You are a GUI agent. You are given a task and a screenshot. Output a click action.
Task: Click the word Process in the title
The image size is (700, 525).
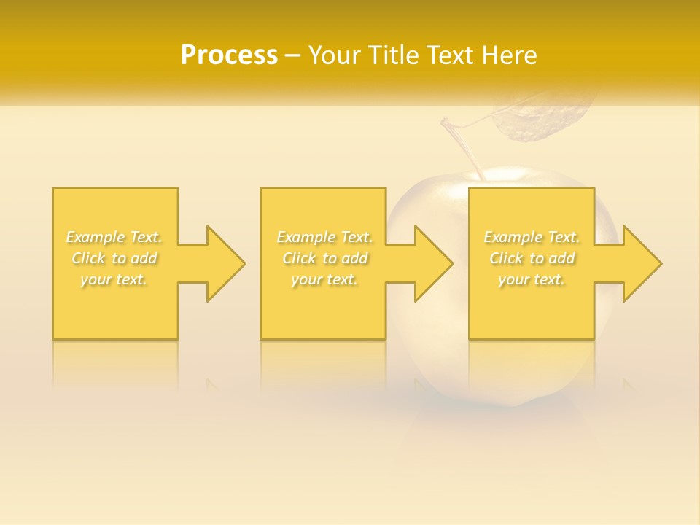coord(229,55)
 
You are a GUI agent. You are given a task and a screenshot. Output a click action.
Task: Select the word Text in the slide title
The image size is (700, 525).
coord(451,55)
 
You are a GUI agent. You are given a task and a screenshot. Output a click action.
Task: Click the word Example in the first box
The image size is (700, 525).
coord(96,237)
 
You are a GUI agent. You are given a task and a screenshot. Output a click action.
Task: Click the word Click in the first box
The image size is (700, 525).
coord(88,258)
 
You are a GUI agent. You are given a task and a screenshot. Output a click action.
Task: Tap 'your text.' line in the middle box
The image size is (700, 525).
coord(324,279)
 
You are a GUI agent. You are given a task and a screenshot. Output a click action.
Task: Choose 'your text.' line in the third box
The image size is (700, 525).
coord(532,279)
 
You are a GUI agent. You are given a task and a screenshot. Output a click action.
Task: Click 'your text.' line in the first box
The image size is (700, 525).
coord(114,279)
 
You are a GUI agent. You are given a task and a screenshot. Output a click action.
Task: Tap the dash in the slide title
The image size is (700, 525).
coord(292,55)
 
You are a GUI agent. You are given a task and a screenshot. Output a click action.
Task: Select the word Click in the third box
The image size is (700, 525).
coord(506,258)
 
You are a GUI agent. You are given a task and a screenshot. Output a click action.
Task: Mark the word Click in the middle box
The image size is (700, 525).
coord(299,258)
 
